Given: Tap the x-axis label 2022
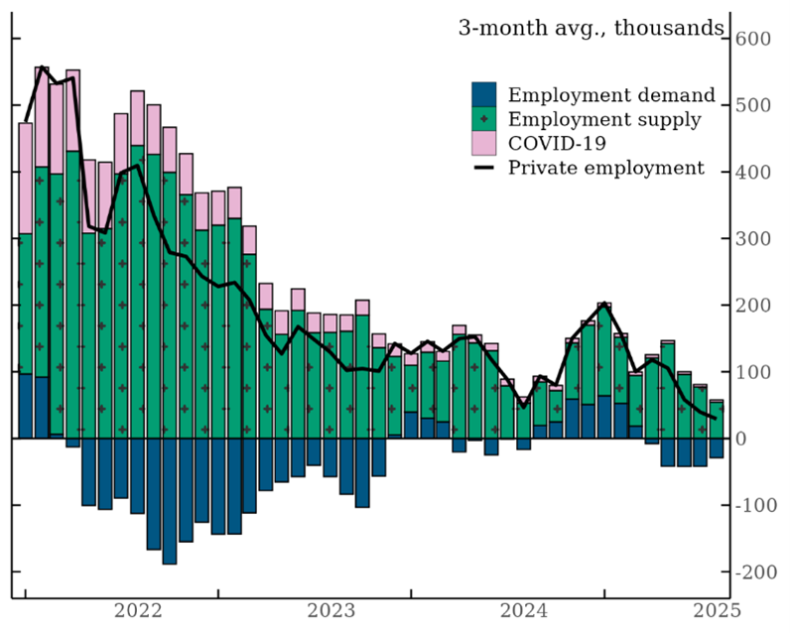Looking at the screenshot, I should click(x=138, y=611).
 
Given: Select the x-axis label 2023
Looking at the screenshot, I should click(x=330, y=611).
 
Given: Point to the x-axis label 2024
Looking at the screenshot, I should click(x=523, y=611).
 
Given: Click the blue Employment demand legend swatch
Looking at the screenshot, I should click(x=484, y=96).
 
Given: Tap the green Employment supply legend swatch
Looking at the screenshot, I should click(x=484, y=120).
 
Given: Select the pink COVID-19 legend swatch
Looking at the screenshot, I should click(x=484, y=144).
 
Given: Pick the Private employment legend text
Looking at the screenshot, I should click(x=605, y=168).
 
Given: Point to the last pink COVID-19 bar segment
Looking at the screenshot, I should click(x=716, y=401).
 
